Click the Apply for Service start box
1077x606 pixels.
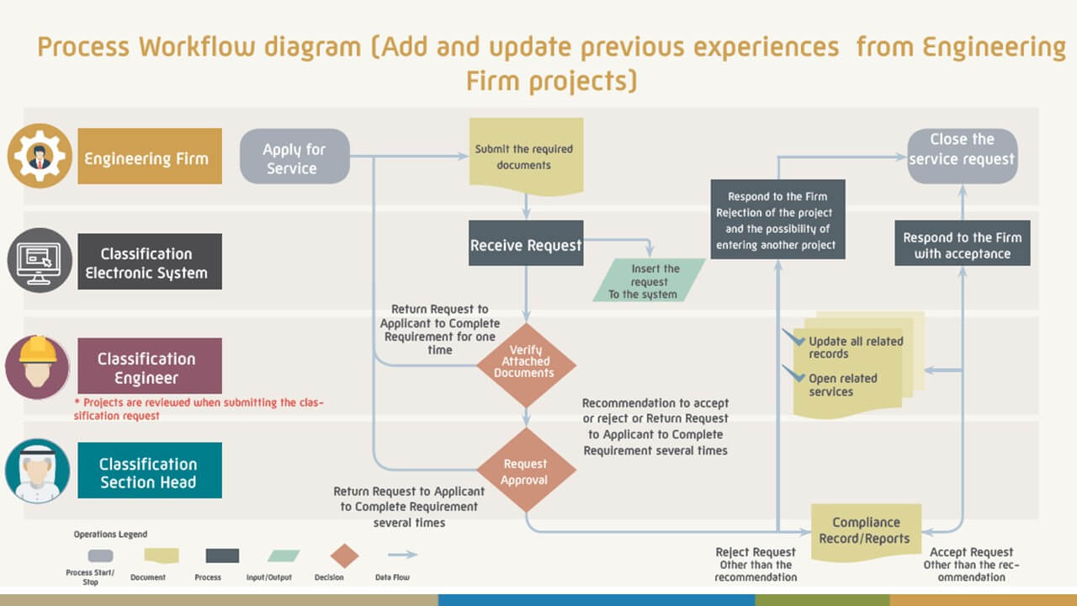[294, 157]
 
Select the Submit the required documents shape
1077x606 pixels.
[525, 157]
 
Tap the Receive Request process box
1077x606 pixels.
[526, 245]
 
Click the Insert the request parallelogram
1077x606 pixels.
[649, 280]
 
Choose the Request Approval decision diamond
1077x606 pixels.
[526, 470]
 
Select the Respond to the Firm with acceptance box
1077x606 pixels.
[962, 245]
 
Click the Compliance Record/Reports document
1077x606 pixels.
[865, 531]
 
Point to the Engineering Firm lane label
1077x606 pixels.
[150, 157]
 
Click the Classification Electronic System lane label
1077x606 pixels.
[150, 262]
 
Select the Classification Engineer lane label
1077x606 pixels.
[150, 366]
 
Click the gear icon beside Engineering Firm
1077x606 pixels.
[39, 156]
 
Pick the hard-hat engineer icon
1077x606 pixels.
[37, 366]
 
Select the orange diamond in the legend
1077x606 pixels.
[344, 555]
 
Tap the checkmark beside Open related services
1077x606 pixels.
[793, 373]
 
